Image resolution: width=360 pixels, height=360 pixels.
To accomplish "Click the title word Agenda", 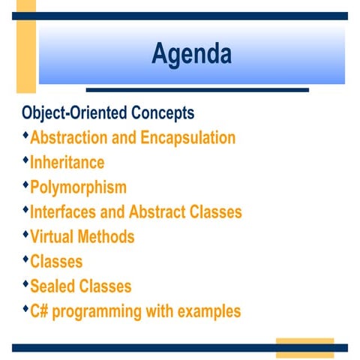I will tap(191, 54).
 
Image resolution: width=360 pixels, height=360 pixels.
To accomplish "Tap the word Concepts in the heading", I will tap(163, 113).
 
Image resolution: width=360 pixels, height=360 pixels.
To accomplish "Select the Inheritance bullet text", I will tap(67, 163).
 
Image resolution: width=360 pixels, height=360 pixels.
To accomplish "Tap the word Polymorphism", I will tap(78, 187).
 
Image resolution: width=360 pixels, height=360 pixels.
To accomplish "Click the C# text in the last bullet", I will tap(40, 311).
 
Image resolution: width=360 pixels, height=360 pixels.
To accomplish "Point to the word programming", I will tap(100, 311).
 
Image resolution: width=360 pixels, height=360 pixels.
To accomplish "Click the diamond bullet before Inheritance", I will tap(25, 160).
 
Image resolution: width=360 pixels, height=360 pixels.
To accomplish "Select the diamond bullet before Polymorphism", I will tap(25, 184).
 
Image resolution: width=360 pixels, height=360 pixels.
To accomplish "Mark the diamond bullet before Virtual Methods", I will tap(25, 234).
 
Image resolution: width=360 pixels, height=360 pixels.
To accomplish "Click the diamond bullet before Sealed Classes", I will tap(25, 283).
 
